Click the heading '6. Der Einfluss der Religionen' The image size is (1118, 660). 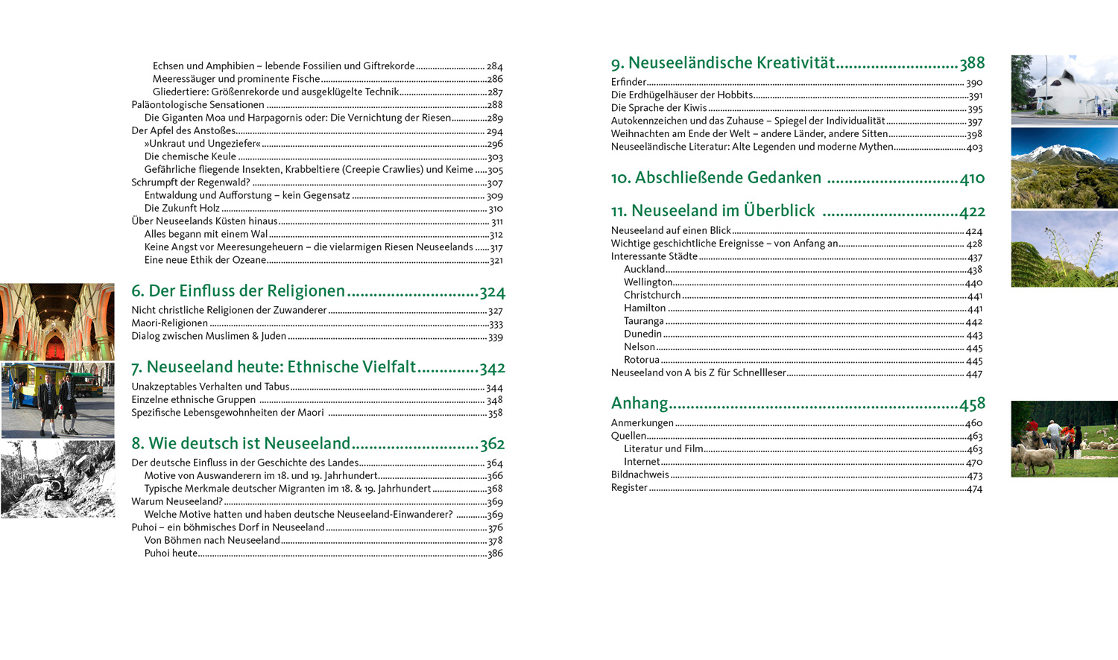tap(238, 291)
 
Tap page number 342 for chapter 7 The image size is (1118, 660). tap(493, 368)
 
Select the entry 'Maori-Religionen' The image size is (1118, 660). tap(169, 323)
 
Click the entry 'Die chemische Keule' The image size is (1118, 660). tap(190, 156)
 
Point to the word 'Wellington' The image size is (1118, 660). tap(648, 282)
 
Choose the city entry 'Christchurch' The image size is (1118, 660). tap(652, 295)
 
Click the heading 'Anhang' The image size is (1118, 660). tap(639, 404)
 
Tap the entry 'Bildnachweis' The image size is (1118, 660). tap(639, 475)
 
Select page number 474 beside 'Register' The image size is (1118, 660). tap(974, 489)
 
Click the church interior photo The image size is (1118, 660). tap(57, 322)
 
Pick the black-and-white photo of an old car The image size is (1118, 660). tap(57, 479)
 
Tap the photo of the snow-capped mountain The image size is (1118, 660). tap(1064, 168)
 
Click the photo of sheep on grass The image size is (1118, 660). tap(1064, 439)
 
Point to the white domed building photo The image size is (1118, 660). tap(1064, 89)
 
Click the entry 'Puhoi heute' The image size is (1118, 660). tap(171, 553)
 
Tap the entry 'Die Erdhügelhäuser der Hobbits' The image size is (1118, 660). tap(681, 95)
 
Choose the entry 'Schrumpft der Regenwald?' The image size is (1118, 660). tap(190, 183)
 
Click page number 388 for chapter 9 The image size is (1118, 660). tap(972, 63)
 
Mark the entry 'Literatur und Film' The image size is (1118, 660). tap(663, 449)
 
